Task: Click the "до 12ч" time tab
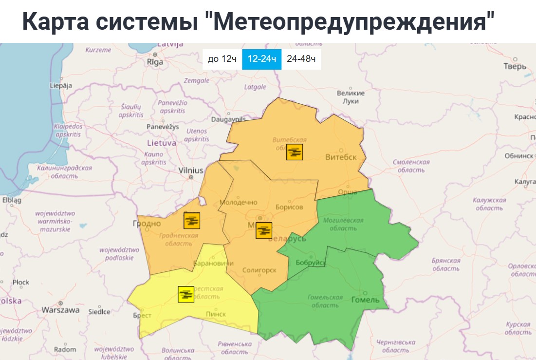point(222,59)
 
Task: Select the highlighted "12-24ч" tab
point(261,59)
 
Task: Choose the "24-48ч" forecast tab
point(301,59)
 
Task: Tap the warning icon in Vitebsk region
point(295,152)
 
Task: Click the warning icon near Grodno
point(192,221)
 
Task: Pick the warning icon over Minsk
point(264,230)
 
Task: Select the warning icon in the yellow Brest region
point(185,294)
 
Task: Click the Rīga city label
point(155,62)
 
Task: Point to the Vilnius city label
point(191,171)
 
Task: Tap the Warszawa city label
point(60,310)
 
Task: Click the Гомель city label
point(365,300)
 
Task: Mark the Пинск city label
point(216,314)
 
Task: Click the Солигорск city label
point(259,270)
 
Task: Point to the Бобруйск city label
point(311,263)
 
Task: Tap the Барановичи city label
point(209,264)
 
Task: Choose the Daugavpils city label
point(228,119)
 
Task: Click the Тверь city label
point(515,66)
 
